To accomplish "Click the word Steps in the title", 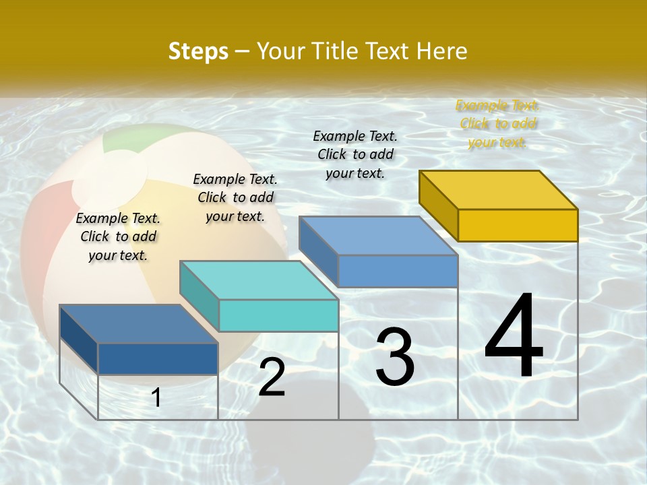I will coord(198,51).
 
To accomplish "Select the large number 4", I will coord(514,337).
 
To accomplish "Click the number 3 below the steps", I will coord(395,357).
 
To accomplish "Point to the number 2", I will coord(272,377).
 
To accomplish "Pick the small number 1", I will coord(156,398).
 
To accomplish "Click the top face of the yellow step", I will coord(497,190).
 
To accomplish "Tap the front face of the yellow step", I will coord(518,225).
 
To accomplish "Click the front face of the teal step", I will coord(278,315).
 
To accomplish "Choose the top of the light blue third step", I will coord(379,236).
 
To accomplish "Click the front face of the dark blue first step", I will coord(158,358).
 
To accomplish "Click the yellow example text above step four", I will coord(497,124).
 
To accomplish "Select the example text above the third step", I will coord(355,154).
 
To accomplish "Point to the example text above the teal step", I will coord(235,197).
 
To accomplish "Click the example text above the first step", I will coord(118,236).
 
